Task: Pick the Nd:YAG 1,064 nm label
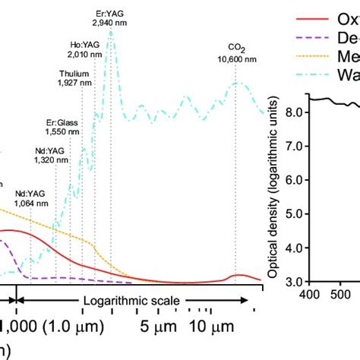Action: coord(30,199)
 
